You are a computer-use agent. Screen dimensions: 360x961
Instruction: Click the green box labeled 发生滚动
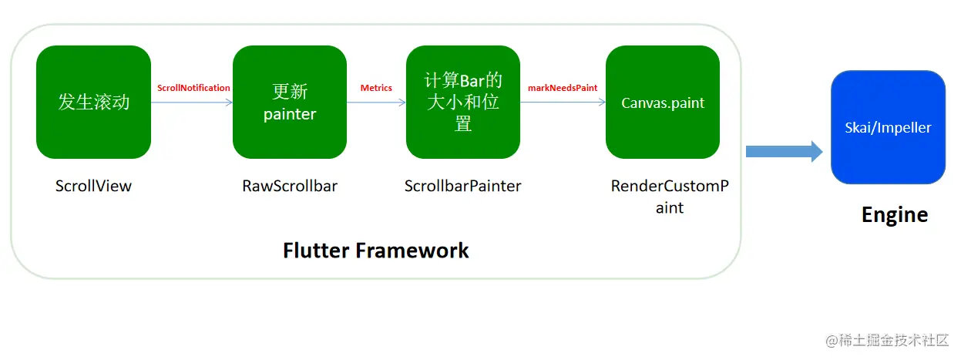93,102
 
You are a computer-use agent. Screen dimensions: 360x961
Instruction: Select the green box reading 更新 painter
290,102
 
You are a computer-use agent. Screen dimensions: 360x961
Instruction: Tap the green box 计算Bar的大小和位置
463,102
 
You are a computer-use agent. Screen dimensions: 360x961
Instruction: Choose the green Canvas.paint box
663,102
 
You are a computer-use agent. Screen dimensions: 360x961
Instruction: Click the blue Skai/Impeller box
888,127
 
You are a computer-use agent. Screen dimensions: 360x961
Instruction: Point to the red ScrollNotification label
193,88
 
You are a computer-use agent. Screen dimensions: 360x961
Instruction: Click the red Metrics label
376,88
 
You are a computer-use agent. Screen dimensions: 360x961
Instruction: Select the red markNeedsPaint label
563,88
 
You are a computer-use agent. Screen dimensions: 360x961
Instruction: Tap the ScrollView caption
93,186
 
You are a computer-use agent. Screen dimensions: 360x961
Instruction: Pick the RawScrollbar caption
290,186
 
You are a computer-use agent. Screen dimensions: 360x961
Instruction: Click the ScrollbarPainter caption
462,186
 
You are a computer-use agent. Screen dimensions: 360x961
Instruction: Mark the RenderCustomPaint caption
669,197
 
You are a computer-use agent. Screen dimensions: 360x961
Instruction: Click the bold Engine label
894,214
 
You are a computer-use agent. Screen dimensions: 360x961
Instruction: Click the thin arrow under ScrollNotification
192,102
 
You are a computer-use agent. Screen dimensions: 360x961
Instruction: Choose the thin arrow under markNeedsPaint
563,102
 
